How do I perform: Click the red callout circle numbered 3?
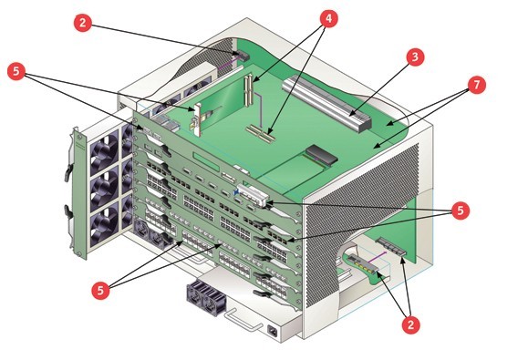tap(415, 57)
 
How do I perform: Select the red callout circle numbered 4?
tap(328, 18)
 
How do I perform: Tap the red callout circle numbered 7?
tap(477, 85)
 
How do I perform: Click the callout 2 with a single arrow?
tap(82, 23)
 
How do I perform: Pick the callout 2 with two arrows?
tap(410, 324)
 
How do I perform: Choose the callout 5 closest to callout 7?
tap(460, 211)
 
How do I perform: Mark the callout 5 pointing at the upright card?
tap(16, 71)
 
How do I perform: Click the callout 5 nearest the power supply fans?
tap(100, 289)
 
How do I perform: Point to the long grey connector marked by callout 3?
tap(326, 103)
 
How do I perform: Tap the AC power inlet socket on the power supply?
tap(273, 331)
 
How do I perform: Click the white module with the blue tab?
tap(253, 195)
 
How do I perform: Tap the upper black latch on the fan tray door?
tap(68, 171)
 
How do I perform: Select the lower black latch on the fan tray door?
tap(68, 212)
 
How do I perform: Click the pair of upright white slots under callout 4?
tap(248, 90)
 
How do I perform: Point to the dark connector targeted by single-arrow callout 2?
tap(242, 57)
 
